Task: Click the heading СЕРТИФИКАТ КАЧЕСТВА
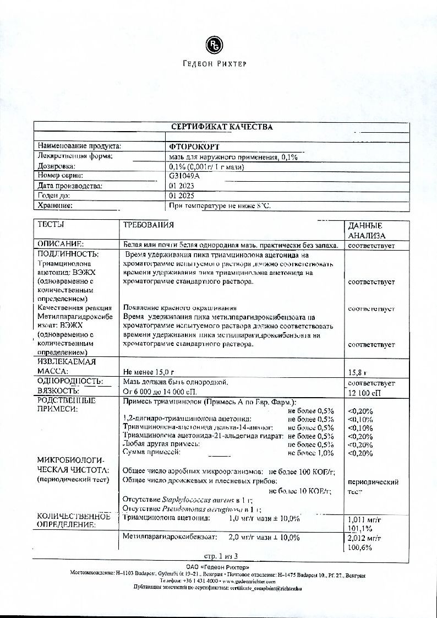click(x=222, y=127)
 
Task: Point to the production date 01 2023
click(x=182, y=186)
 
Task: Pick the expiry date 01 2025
click(x=182, y=196)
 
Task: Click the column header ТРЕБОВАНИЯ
click(x=148, y=225)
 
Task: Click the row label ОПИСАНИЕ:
click(x=61, y=244)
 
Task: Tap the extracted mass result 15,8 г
click(x=357, y=372)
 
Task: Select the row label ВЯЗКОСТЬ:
click(x=59, y=392)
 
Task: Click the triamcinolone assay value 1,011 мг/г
click(x=365, y=519)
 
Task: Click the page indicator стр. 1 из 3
click(x=219, y=557)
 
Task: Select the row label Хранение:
click(x=56, y=205)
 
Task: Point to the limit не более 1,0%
click(x=311, y=453)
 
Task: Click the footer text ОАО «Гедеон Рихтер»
click(x=218, y=567)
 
